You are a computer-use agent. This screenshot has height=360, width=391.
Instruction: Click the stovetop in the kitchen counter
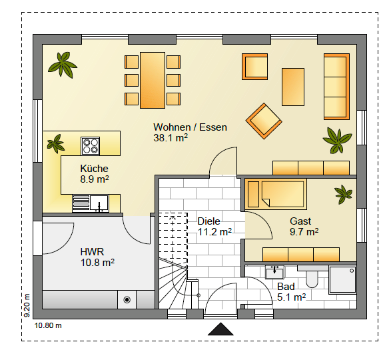[x=91, y=146]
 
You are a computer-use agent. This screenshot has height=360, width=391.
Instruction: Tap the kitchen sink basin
[x=99, y=203]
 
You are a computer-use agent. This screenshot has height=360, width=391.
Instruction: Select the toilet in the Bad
[x=312, y=279]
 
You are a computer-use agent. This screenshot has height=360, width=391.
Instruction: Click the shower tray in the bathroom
[x=342, y=279]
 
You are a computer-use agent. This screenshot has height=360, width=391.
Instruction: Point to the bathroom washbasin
[x=274, y=273]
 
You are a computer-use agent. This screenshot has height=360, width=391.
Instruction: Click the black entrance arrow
[x=220, y=329]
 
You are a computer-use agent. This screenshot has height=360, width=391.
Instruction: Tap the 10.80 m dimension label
[x=48, y=325]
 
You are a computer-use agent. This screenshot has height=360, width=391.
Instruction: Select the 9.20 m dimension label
[x=27, y=305]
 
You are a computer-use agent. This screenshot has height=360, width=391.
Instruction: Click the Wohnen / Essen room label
[x=190, y=127]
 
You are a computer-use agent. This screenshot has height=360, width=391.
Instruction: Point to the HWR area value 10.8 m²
[x=97, y=263]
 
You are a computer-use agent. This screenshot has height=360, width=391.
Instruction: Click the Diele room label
[x=208, y=221]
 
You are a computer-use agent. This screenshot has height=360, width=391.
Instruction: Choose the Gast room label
[x=300, y=221]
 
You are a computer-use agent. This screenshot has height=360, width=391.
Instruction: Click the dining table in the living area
[x=153, y=80]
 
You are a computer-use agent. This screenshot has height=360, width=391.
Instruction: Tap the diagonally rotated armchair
[x=264, y=121]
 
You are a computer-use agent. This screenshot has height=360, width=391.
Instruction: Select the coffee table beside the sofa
[x=293, y=87]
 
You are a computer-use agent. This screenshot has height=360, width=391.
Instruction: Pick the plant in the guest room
[x=343, y=194]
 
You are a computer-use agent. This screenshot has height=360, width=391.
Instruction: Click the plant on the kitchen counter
[x=56, y=143]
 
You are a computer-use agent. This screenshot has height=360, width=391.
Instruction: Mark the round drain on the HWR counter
[x=127, y=299]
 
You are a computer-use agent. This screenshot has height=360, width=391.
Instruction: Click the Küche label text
[x=95, y=169]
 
